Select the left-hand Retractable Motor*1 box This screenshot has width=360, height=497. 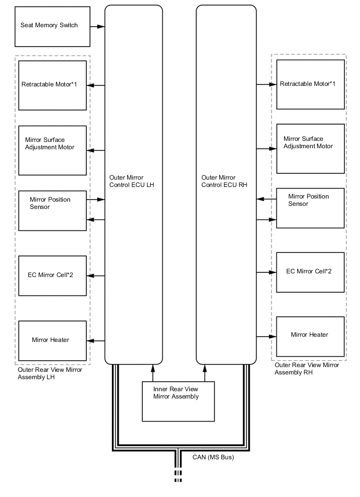pyautogui.click(x=52, y=85)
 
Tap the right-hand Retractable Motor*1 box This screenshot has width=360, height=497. pyautogui.click(x=310, y=84)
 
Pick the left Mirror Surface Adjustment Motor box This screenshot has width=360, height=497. pyautogui.click(x=52, y=150)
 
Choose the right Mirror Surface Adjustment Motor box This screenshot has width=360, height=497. pyautogui.click(x=310, y=149)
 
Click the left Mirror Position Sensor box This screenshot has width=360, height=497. pyautogui.click(x=52, y=211)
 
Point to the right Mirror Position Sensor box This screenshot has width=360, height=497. pyautogui.click(x=310, y=208)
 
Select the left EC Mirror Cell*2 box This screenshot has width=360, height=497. pyautogui.click(x=52, y=275)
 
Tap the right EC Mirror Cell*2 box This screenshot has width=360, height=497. pyautogui.click(x=310, y=272)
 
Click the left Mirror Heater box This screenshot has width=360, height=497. pyautogui.click(x=52, y=340)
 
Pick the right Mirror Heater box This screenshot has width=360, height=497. pyautogui.click(x=310, y=336)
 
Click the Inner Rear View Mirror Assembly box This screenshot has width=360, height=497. pyautogui.click(x=178, y=401)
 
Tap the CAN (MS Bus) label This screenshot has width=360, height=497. pyautogui.click(x=209, y=457)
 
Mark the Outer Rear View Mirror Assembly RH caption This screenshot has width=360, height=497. pyautogui.click(x=307, y=369)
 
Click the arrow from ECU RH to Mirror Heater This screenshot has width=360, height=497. pyautogui.click(x=266, y=336)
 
